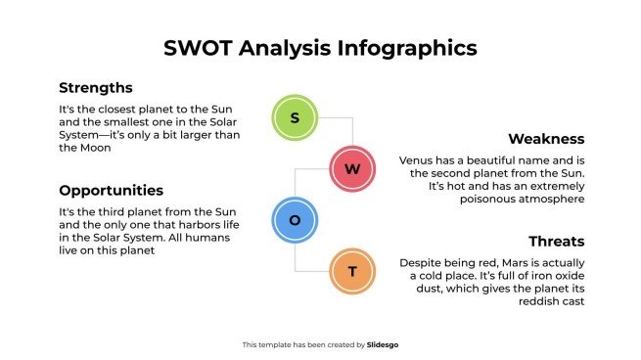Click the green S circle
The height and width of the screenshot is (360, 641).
pyautogui.click(x=295, y=118)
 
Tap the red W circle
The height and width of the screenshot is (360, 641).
pyautogui.click(x=352, y=169)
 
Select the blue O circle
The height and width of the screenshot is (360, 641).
pyautogui.click(x=295, y=220)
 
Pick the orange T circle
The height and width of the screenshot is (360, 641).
pyautogui.click(x=352, y=271)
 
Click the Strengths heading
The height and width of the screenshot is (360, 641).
pyautogui.click(x=95, y=87)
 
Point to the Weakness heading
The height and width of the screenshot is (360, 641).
pyautogui.click(x=546, y=139)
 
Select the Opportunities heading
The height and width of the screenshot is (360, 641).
pyautogui.click(x=111, y=190)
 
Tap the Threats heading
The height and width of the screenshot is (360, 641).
pyautogui.click(x=556, y=241)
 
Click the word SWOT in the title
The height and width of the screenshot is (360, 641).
pyautogui.click(x=201, y=47)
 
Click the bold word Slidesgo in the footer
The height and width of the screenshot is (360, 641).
pyautogui.click(x=383, y=344)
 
